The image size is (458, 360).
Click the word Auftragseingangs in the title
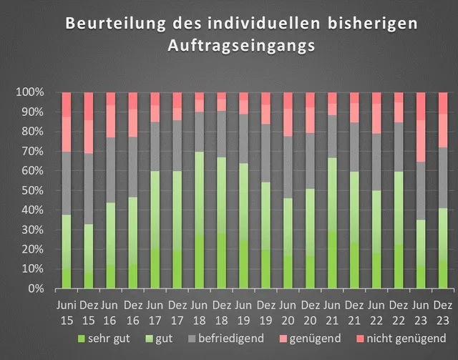pyautogui.click(x=241, y=45)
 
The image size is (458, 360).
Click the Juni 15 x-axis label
pyautogui.click(x=67, y=311)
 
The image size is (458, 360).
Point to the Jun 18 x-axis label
pyautogui.click(x=200, y=311)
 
